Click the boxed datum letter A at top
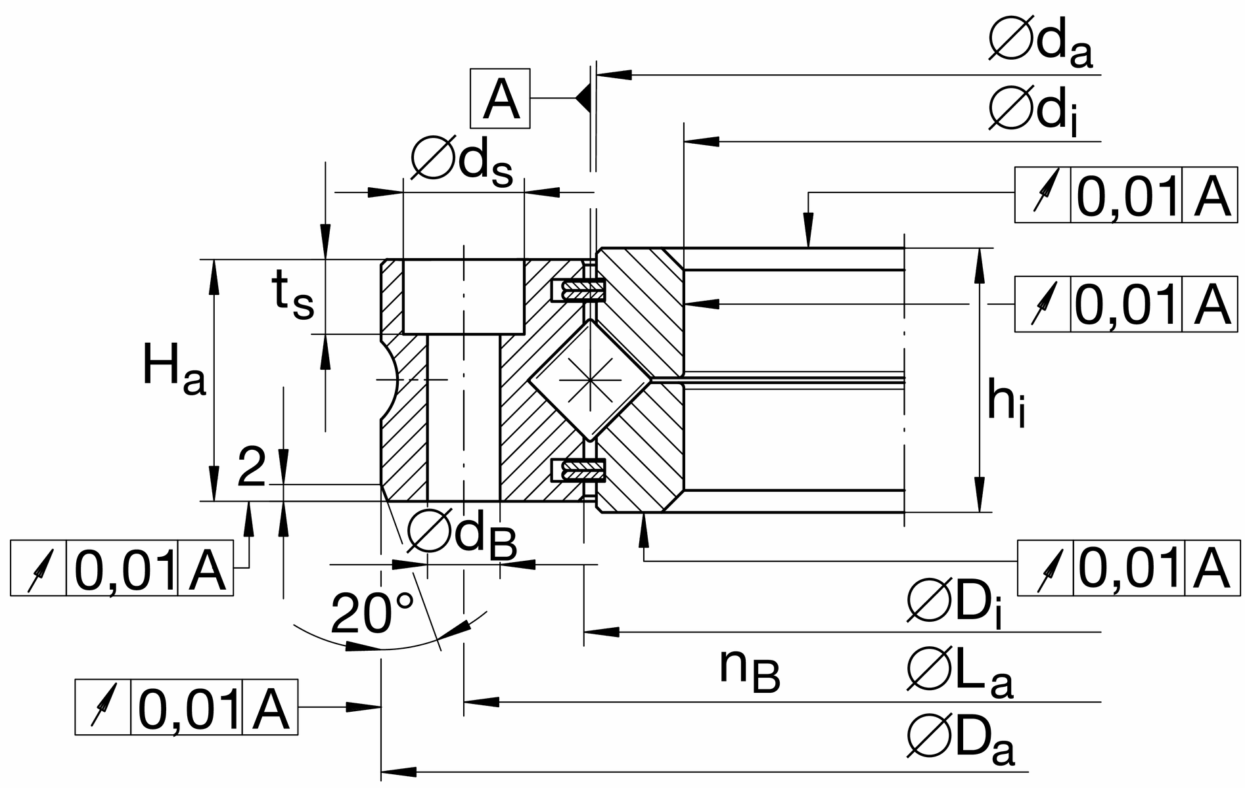pos(500,98)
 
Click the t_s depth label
pos(293,296)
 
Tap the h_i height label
pos(1006,404)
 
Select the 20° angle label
pos(373,613)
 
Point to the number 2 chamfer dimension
pos(252,467)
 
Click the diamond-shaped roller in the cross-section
pos(591,380)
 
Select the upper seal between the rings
pos(578,290)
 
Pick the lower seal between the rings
pos(578,470)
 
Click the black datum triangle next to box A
pos(583,98)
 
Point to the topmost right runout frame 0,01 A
pos(1125,195)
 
